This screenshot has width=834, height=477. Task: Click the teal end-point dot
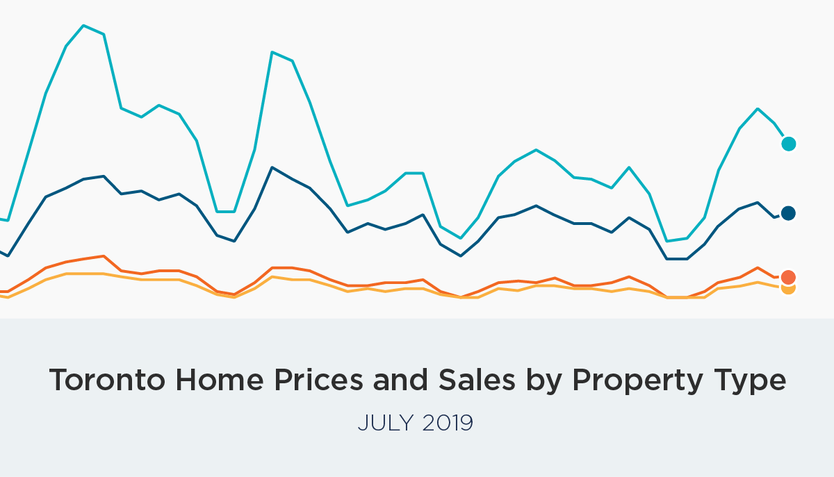(788, 144)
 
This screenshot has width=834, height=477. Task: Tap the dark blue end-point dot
(788, 213)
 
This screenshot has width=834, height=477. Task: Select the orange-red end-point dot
(788, 277)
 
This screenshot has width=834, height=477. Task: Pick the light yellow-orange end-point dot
(788, 288)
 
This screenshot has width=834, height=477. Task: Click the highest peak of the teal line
(84, 26)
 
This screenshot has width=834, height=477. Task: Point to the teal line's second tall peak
(272, 52)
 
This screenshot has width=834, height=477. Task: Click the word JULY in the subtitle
(381, 422)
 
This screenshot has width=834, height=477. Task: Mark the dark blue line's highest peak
(272, 167)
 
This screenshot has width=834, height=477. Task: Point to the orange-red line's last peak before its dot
(758, 267)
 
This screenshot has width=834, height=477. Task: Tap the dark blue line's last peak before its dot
(758, 203)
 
